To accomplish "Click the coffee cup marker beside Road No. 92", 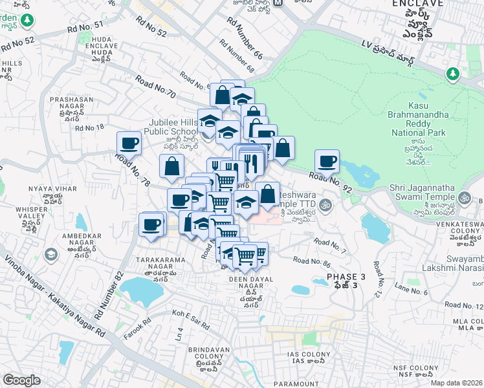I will pos(327,161).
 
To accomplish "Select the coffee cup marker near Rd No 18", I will pos(129,143).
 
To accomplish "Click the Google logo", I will pos(21,380).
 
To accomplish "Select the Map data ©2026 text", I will pos(456,383).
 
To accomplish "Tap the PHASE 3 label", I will pos(346,277).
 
